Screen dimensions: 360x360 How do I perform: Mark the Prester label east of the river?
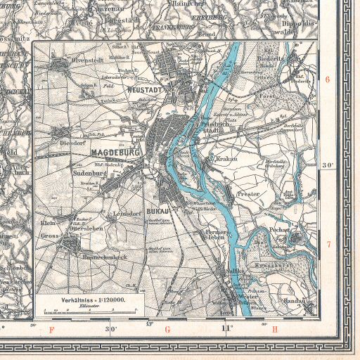click(249, 193)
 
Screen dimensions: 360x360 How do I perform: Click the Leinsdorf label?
click(127, 212)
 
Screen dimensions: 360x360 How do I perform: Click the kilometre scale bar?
click(91, 310)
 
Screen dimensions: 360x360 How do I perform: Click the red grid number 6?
click(327, 79)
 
